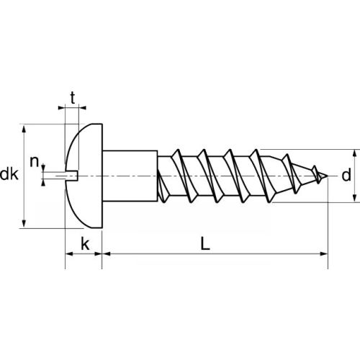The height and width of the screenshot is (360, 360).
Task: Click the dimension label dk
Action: pyautogui.click(x=9, y=174)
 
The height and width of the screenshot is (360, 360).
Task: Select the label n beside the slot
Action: pyautogui.click(x=33, y=161)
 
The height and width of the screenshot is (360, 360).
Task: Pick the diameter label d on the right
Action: pyautogui.click(x=346, y=175)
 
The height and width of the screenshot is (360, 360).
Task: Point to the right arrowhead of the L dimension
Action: pyautogui.click(x=323, y=253)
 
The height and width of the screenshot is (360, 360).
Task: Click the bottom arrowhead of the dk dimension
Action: pyautogui.click(x=26, y=222)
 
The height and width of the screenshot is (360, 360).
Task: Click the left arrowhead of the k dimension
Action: pyautogui.click(x=69, y=253)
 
